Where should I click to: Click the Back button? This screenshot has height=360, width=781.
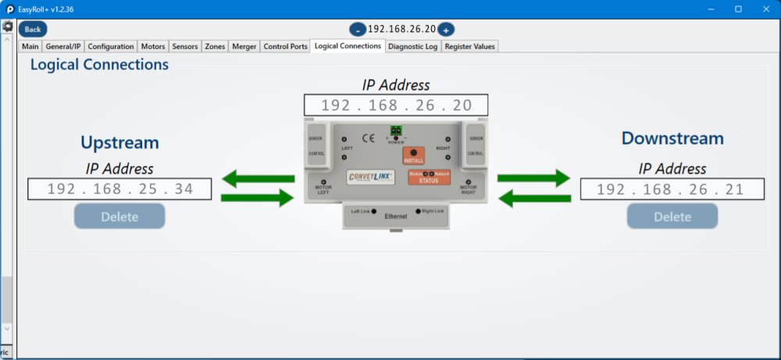33,29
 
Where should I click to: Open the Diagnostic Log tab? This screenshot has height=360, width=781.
412,46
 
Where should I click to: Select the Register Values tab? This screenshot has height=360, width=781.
469,46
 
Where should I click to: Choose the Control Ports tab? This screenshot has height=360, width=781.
285,46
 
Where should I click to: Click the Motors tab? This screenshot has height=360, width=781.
153,46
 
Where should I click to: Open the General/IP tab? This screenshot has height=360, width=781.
62,46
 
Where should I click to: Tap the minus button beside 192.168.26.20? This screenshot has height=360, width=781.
358,30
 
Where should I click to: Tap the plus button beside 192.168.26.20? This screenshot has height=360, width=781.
445,30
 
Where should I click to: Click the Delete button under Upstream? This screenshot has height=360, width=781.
119,216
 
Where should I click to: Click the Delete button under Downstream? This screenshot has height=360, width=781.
672,216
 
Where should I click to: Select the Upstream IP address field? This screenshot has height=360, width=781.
119,189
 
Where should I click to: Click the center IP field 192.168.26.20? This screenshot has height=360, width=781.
396,105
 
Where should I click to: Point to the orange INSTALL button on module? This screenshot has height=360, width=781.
413,155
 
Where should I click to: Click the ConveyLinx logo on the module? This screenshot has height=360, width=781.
373,177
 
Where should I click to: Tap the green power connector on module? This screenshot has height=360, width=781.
396,130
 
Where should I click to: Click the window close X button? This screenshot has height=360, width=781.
764,9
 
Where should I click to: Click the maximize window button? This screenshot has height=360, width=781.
738,9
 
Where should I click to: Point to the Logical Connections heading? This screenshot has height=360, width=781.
99,65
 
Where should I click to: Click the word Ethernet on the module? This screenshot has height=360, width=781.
397,215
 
